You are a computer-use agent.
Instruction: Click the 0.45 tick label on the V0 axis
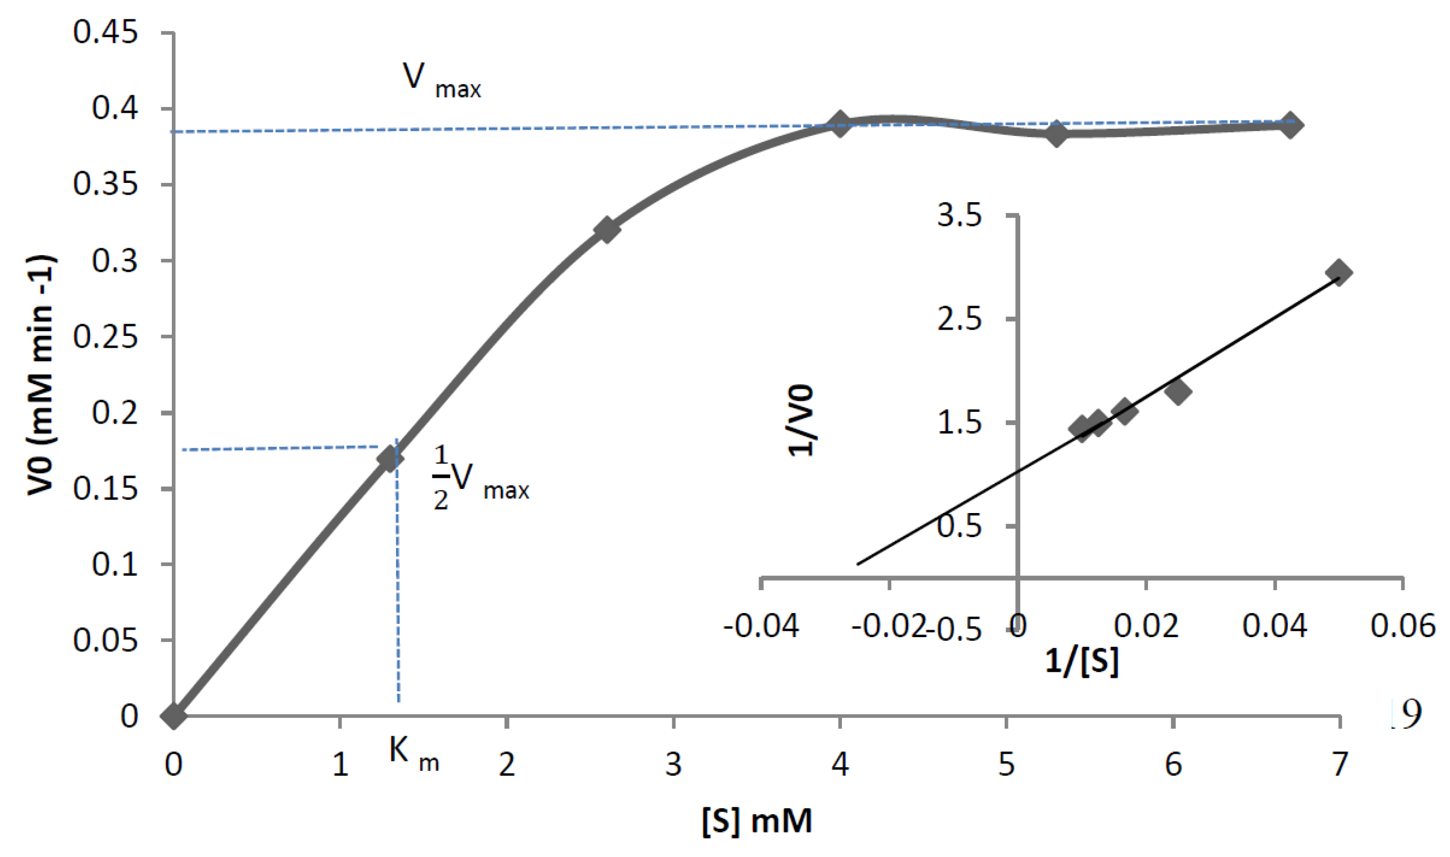tap(106, 33)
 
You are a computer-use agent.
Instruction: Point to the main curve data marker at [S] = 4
tap(840, 125)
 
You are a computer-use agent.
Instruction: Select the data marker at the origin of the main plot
tap(173, 716)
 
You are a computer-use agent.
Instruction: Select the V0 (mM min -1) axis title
tap(42, 376)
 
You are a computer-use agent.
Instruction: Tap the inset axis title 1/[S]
tap(1081, 661)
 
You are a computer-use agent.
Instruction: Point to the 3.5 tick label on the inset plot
tap(959, 217)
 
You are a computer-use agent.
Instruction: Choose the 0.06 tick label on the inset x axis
tap(1402, 626)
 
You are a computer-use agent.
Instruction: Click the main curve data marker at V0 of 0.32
tap(606, 230)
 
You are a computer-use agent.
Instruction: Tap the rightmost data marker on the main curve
tap(1290, 125)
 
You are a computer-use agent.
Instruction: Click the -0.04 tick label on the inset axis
tap(761, 626)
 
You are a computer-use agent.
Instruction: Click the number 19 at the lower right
tap(1404, 715)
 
